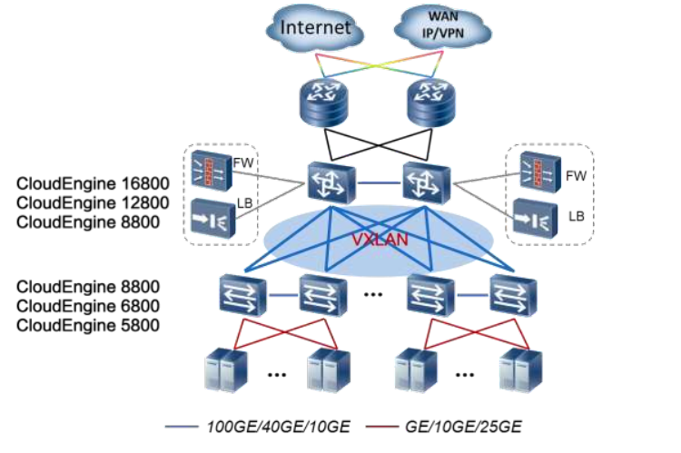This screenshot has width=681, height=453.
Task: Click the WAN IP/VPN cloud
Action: [x=438, y=27]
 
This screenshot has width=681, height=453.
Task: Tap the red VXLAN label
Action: [x=379, y=241]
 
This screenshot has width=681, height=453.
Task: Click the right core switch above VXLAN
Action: [x=426, y=183]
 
